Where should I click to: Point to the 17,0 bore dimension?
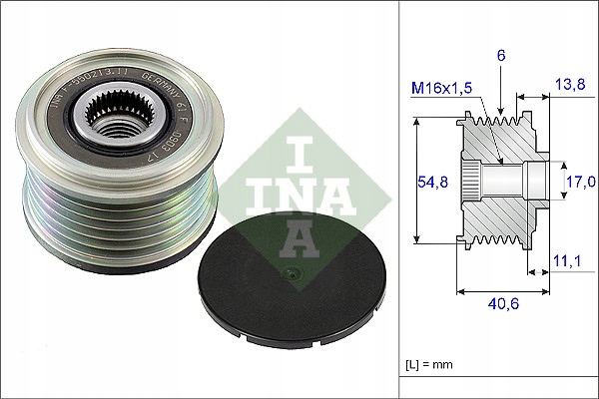tap(581, 181)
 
